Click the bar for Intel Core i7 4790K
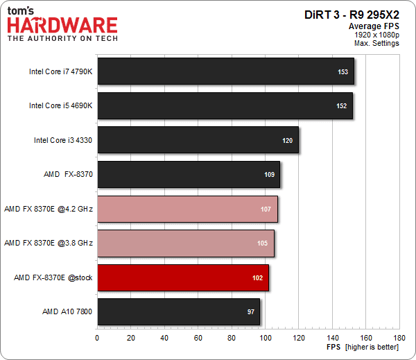[225, 71]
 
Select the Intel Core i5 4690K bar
[225, 105]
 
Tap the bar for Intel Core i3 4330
[198, 140]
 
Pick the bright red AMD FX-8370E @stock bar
[182, 277]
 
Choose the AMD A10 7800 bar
[178, 312]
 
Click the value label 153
[343, 71]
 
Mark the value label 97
[251, 312]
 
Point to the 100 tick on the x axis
[265, 338]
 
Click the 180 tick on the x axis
[400, 338]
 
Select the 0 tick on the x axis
[97, 338]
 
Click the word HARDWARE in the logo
[62, 26]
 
